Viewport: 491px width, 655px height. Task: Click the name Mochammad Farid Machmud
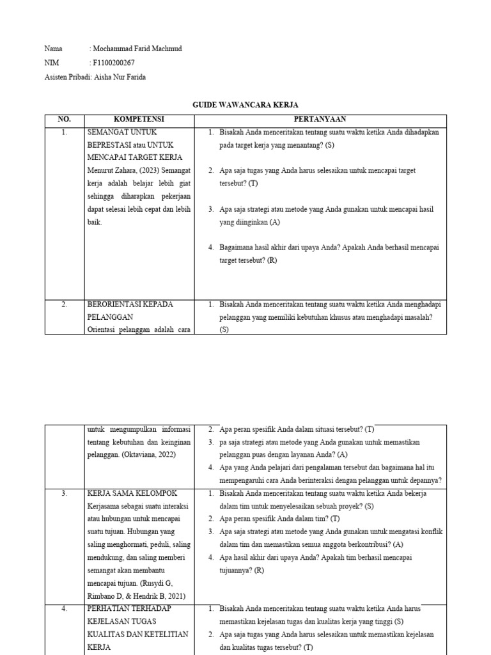138,49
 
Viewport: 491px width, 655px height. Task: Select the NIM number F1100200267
114,63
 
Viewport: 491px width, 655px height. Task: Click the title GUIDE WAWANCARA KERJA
245,105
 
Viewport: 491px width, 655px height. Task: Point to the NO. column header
64,120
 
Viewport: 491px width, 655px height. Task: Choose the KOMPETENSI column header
139,120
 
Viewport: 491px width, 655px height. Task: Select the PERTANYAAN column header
320,120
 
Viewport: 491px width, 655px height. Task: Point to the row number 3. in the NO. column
64,494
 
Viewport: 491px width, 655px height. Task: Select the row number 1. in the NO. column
64,132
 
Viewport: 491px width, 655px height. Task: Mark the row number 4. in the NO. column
64,608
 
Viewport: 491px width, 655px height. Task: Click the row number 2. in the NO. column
64,304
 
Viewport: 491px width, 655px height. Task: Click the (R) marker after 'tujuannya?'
258,570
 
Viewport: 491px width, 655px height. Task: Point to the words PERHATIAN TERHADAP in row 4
130,608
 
